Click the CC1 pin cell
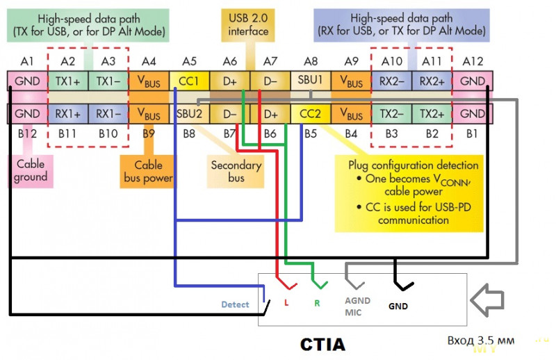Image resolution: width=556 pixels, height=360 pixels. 188,81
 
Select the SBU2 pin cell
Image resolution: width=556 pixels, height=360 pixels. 188,113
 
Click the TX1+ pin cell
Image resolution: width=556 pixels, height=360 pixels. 67,81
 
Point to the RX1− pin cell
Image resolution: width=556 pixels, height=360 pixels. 108,113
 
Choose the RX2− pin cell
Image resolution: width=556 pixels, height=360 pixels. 391,81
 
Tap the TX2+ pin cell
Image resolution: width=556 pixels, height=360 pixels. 432,113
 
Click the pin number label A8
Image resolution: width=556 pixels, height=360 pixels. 310,61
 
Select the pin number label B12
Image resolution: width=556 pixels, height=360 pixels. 26,131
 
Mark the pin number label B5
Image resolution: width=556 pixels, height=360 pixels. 310,131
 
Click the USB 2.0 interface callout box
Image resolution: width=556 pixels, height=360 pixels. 248,24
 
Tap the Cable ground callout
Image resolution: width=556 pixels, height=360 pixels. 30,170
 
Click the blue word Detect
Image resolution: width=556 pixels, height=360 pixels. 235,304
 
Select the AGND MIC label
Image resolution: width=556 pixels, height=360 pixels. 358,306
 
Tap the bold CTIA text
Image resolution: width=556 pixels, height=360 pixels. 322,344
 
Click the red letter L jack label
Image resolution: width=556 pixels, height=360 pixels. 286,303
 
